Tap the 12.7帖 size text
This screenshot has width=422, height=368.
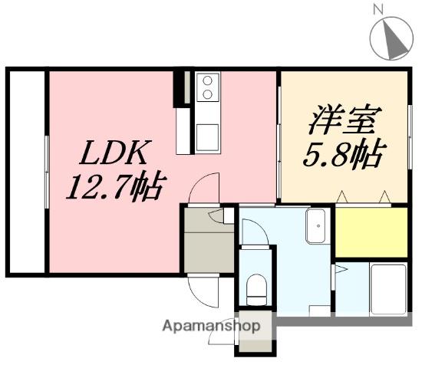point(117,186)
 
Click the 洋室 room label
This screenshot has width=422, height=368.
point(345,119)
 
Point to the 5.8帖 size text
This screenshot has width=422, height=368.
point(345,155)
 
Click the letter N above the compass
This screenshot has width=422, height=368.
point(378,10)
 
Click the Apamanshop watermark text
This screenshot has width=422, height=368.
point(211,326)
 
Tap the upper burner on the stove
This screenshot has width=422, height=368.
point(207,80)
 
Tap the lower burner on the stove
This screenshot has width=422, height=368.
point(207,94)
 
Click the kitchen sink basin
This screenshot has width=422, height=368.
point(207,137)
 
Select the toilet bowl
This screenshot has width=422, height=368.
point(256,290)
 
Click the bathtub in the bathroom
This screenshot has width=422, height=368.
point(388,289)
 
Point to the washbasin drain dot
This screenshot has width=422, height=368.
point(318,226)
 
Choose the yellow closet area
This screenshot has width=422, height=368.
point(371,232)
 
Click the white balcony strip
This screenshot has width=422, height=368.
point(27,172)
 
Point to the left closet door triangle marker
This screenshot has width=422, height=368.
point(341,196)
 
